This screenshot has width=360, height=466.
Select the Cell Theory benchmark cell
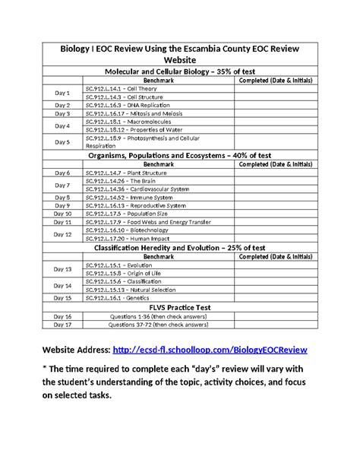(x=121, y=88)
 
